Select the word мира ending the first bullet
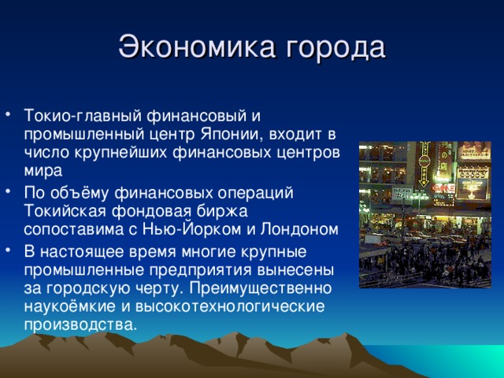click(x=39, y=169)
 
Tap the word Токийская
click(x=63, y=212)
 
